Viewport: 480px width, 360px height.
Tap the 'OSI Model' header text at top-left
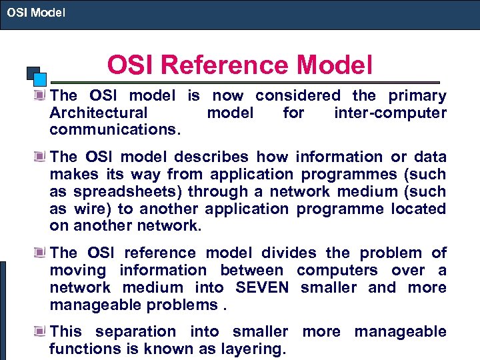coord(36,11)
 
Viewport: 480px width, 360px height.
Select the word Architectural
coord(99,113)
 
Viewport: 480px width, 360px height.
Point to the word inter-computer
coord(390,113)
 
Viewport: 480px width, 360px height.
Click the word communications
coord(114,130)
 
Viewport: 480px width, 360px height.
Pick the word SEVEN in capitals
coord(262,287)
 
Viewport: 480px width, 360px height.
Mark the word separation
coord(137,331)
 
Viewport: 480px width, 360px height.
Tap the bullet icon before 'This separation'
coord(42,331)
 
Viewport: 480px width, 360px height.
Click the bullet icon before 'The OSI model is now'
coord(42,95)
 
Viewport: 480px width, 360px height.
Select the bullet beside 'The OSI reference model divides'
coord(42,253)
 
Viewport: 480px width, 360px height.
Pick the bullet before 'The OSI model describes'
coord(42,157)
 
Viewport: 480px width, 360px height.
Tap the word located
coord(418,209)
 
